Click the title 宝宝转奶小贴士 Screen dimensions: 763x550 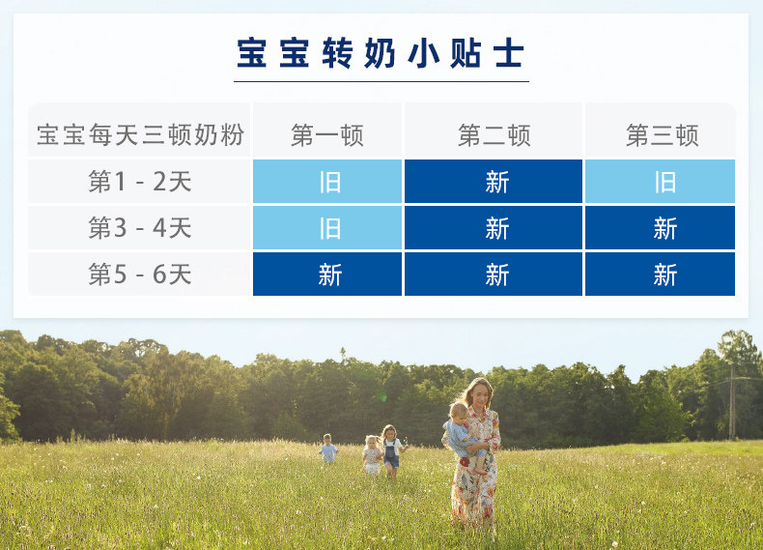[381, 53]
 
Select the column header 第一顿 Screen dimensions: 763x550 [327, 135]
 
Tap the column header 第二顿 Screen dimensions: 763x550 [494, 135]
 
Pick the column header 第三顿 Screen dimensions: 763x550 [662, 135]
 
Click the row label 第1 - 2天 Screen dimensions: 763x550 [140, 181]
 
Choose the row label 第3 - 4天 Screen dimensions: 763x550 [140, 227]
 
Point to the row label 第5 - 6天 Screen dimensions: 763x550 [140, 274]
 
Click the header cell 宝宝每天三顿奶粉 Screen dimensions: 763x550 [140, 134]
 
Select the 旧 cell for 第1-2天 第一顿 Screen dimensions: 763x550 [327, 181]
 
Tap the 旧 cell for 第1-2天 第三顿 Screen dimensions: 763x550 [660, 181]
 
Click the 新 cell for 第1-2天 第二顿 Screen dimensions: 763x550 [494, 181]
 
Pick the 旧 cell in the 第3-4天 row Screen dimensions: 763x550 [327, 227]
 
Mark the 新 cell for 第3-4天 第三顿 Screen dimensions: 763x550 [660, 227]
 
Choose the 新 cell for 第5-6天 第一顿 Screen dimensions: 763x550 [327, 274]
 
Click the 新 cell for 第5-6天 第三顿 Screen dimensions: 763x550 [660, 274]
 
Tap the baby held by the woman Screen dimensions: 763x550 [463, 435]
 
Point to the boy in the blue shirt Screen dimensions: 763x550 [328, 449]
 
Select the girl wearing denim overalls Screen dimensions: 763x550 [391, 450]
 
